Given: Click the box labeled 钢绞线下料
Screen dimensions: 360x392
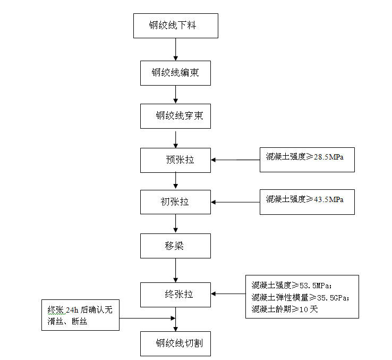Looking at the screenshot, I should [x=175, y=26].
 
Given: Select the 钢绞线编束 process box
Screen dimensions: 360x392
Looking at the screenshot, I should [x=175, y=72].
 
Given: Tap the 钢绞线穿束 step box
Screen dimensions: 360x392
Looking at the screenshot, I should [x=175, y=116].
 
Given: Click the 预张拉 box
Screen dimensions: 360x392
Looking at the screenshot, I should [x=175, y=160].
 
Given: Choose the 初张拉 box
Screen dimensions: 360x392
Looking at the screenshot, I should [x=175, y=202].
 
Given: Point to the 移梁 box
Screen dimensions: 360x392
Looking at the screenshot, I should [x=175, y=246].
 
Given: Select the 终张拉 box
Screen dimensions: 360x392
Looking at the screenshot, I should [x=175, y=293].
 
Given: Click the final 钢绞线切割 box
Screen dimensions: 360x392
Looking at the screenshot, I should [x=175, y=344].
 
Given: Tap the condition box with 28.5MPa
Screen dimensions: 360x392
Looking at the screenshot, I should [x=307, y=159].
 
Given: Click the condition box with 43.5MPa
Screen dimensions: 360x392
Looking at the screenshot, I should [x=307, y=202].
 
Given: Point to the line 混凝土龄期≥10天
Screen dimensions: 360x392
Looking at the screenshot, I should [x=285, y=309].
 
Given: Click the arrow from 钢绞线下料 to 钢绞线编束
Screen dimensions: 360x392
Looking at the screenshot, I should [x=175, y=49].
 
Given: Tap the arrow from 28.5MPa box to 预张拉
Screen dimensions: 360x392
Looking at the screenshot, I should [x=235, y=160].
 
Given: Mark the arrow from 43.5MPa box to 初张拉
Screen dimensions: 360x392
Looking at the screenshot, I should [x=235, y=202].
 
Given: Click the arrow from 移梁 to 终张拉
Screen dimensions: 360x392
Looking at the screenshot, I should [x=175, y=270].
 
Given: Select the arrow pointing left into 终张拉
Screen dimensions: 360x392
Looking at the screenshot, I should [x=228, y=294].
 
